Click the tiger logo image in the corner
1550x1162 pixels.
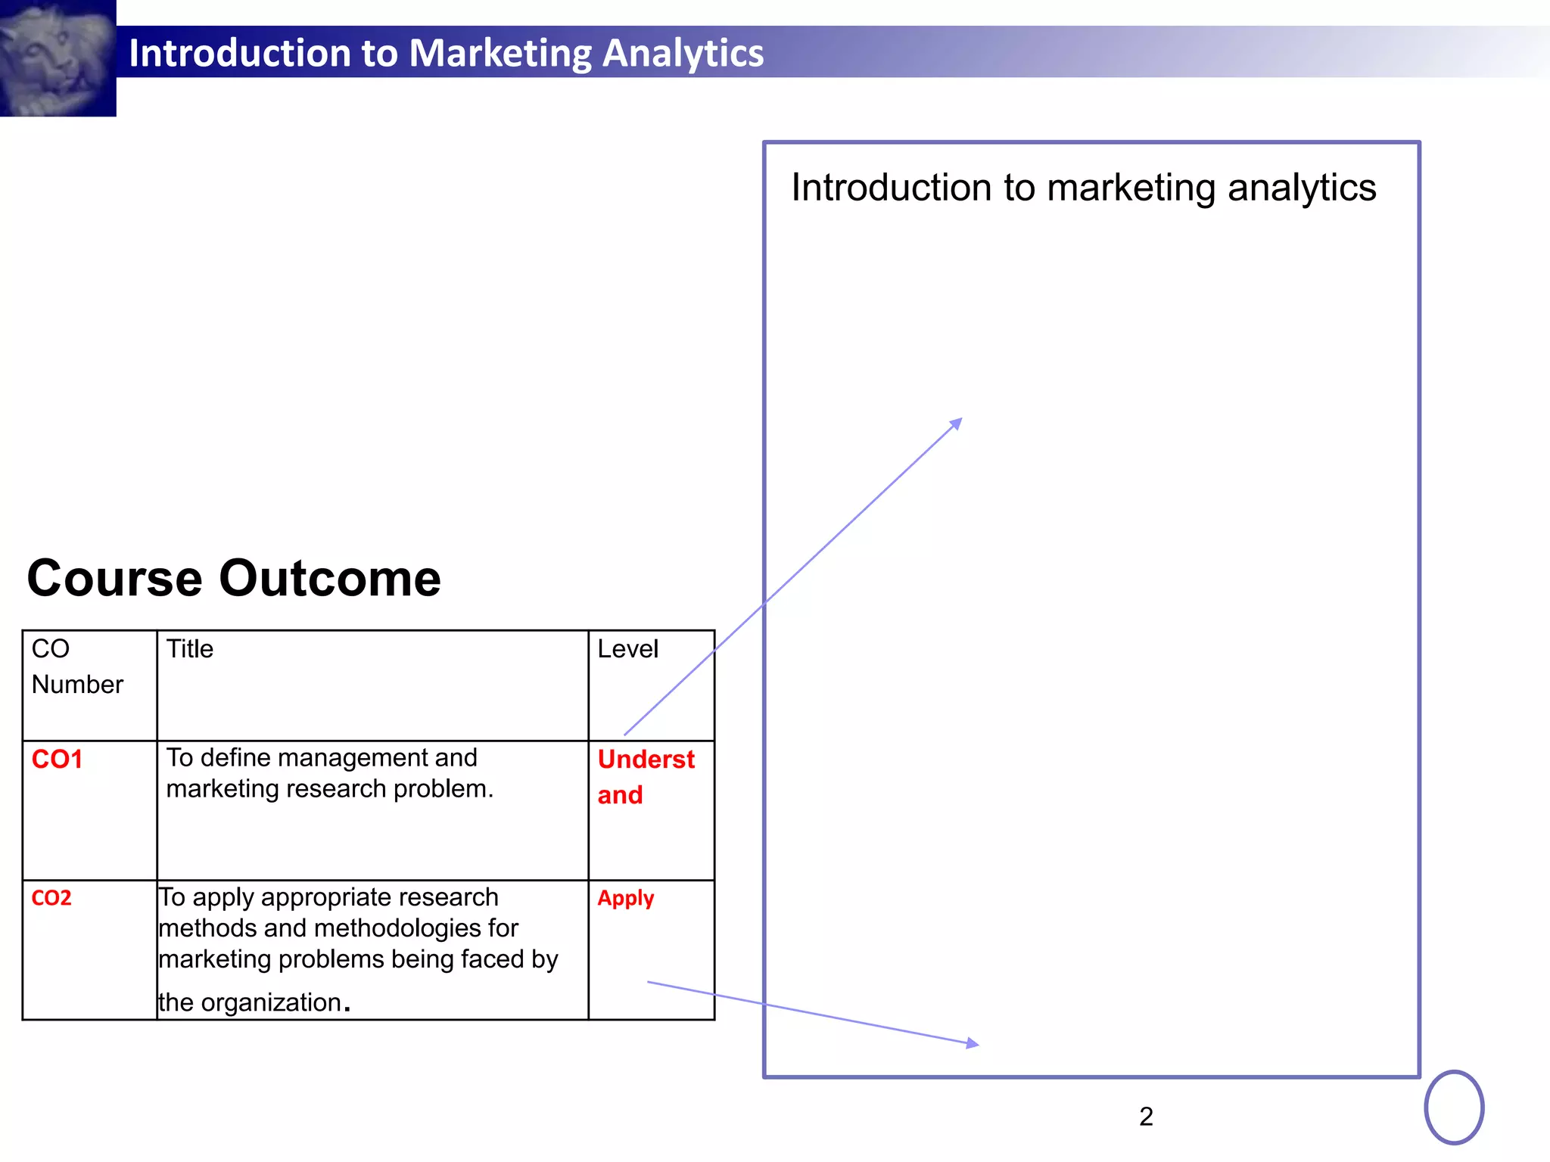click(x=58, y=57)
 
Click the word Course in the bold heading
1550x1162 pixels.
click(x=114, y=579)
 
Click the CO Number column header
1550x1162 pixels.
click(x=77, y=666)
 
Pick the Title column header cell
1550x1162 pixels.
click(x=190, y=649)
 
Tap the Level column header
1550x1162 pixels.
click(x=627, y=649)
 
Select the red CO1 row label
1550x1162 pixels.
click(x=57, y=759)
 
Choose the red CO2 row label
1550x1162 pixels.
click(x=51, y=898)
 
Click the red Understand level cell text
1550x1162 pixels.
click(x=646, y=776)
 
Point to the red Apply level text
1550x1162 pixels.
click(x=625, y=898)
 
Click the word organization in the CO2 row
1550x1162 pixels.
click(x=271, y=1002)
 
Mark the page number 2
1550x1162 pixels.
click(x=1146, y=1117)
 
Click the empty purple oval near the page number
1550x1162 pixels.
click(x=1454, y=1107)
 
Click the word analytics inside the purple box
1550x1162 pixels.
click(x=1302, y=188)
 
